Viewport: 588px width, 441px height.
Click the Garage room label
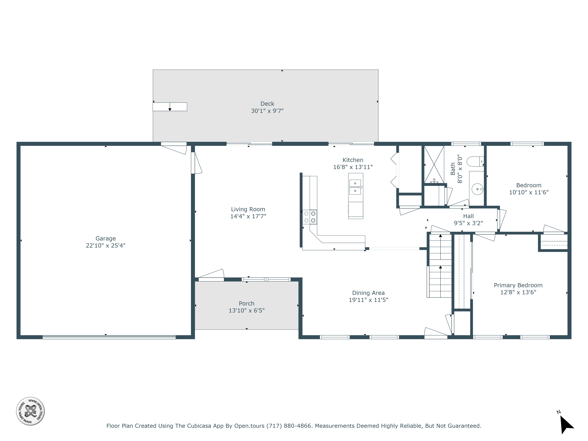point(106,238)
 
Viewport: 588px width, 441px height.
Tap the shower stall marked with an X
point(434,164)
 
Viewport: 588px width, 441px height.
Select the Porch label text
point(246,303)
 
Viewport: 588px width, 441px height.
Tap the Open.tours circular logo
point(30,411)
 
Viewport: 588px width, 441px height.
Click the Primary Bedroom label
point(518,285)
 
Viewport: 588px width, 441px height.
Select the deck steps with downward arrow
point(170,107)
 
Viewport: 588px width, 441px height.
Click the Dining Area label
point(368,293)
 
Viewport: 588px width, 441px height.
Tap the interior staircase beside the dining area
point(440,266)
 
